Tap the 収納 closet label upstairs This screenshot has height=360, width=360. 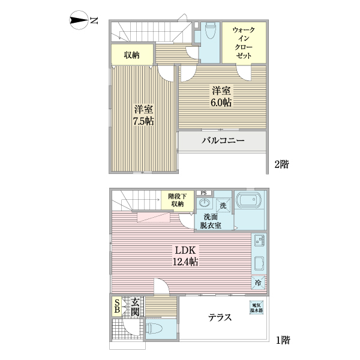click(131, 55)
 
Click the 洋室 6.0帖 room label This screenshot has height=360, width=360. click(221, 96)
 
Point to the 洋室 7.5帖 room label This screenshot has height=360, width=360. click(143, 115)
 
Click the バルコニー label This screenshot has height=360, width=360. click(223, 142)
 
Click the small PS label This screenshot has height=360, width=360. click(204, 193)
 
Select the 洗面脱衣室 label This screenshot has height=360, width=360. click(211, 221)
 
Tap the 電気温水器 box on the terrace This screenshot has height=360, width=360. click(256, 307)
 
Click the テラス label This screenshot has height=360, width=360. click(220, 318)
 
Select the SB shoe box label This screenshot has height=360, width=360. click(116, 307)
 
